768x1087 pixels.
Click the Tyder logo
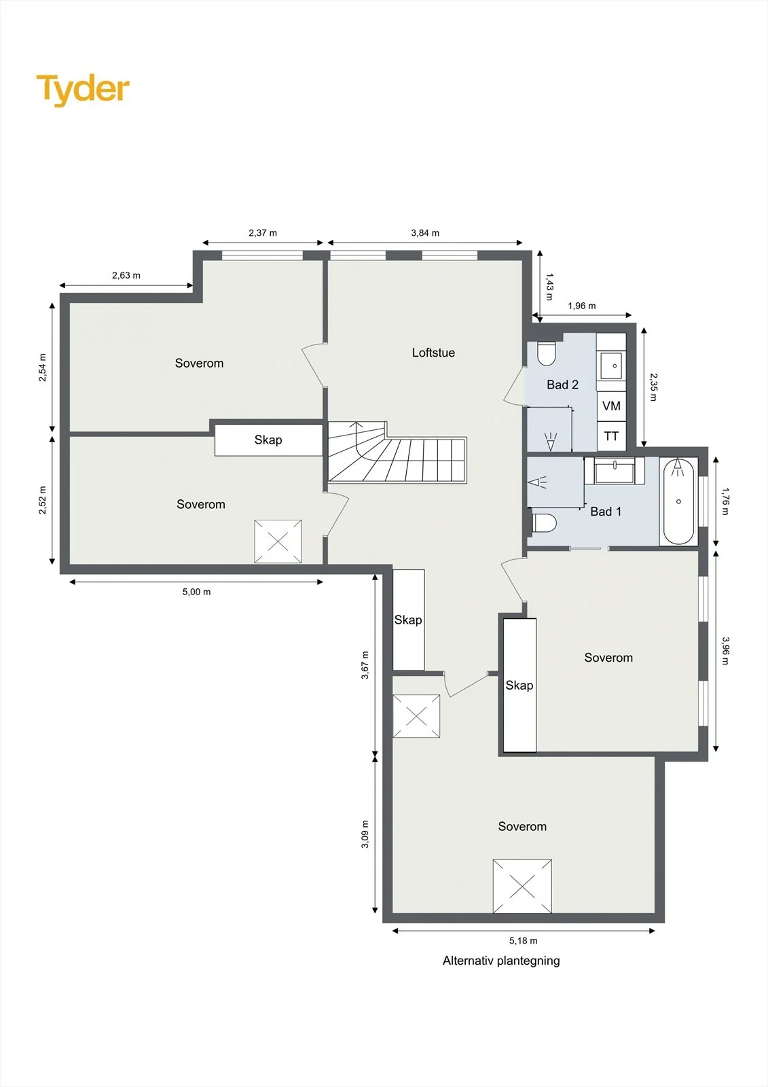click(83, 90)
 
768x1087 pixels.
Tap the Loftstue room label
click(433, 353)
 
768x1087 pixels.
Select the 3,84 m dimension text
click(425, 233)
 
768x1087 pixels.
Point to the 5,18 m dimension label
click(523, 940)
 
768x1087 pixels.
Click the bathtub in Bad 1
click(678, 502)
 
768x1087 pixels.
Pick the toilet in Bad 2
click(546, 353)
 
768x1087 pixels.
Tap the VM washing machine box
click(611, 406)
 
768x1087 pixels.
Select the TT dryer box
click(611, 436)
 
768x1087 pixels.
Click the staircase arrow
click(358, 439)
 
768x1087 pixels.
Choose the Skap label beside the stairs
click(268, 440)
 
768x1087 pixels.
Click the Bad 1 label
click(606, 512)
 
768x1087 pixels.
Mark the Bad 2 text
click(562, 385)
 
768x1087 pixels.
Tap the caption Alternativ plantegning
click(501, 961)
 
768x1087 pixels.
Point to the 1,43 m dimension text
click(549, 286)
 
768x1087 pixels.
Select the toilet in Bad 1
click(544, 524)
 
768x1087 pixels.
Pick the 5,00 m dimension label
click(196, 592)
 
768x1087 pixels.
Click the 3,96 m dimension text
click(725, 651)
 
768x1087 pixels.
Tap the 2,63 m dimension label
click(126, 275)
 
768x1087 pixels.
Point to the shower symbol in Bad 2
click(551, 442)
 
